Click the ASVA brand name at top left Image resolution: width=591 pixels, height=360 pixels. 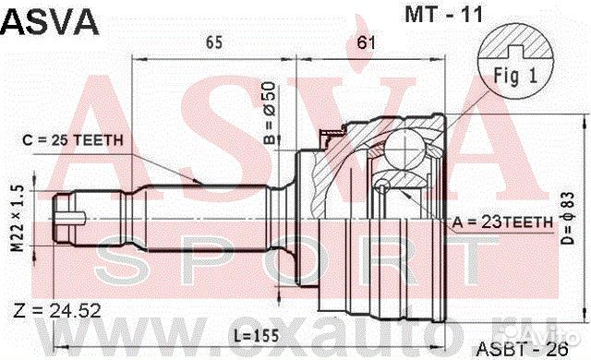point(50,20)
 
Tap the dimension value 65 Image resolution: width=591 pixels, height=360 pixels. point(214,42)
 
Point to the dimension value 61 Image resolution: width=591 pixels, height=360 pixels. point(366,42)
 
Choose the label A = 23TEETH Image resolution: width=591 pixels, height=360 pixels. point(504,222)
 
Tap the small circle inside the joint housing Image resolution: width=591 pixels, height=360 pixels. point(380,188)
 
